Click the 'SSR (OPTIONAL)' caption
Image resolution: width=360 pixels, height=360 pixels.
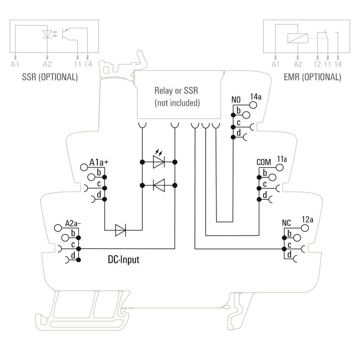click(49, 77)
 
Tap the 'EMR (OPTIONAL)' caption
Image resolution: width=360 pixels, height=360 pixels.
click(313, 77)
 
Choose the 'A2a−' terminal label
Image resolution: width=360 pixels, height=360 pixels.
click(74, 223)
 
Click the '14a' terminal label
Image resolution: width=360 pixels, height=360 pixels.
click(255, 96)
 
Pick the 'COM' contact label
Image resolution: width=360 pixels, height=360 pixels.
click(264, 162)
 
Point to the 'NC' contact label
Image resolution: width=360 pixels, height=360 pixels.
click(287, 223)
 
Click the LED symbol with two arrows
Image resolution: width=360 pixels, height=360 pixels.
click(158, 161)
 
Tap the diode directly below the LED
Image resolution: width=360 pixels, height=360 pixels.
click(158, 184)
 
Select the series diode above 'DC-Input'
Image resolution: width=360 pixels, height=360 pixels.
click(121, 230)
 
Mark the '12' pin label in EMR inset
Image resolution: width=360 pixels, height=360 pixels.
click(317, 65)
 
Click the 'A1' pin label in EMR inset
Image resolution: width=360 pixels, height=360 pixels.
click(276, 65)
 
